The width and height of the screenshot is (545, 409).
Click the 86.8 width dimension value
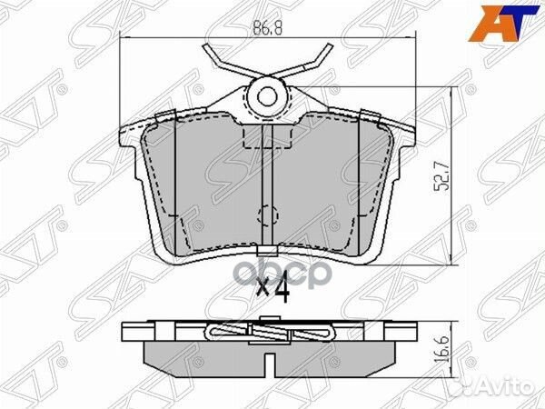[267, 28]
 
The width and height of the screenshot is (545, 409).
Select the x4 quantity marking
[272, 291]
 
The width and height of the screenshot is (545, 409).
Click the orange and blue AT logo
[503, 24]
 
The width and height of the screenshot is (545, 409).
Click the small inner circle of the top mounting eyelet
[267, 95]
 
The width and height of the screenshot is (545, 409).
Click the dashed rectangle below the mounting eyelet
[267, 136]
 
